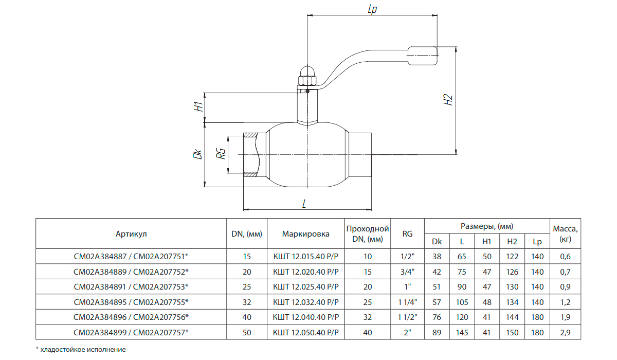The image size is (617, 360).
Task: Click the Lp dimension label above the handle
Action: click(x=372, y=9)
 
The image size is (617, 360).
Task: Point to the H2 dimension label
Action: click(x=448, y=100)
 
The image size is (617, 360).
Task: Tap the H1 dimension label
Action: click(x=197, y=107)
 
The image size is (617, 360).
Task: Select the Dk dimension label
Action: click(x=197, y=154)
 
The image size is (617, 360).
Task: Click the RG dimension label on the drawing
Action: click(x=222, y=154)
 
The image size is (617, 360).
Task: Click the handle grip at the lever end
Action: click(x=423, y=56)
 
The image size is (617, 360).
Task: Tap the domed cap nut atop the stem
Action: click(x=307, y=73)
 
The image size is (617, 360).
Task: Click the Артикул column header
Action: click(x=131, y=234)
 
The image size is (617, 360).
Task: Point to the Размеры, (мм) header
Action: click(x=486, y=226)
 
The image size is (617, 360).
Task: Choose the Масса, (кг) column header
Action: click(x=565, y=233)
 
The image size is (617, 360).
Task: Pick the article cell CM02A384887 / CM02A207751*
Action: click(x=131, y=257)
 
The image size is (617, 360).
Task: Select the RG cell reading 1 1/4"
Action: click(x=407, y=302)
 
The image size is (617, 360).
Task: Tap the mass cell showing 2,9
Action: click(x=565, y=333)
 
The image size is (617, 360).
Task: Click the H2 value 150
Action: click(x=512, y=333)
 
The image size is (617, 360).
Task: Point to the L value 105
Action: click(x=462, y=302)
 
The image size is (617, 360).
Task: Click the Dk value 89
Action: click(x=437, y=333)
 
